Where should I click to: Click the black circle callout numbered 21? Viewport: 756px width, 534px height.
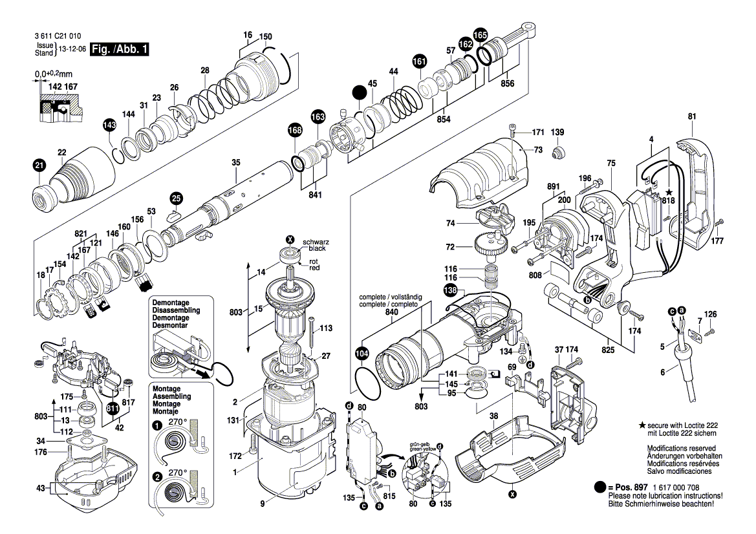(x=39, y=166)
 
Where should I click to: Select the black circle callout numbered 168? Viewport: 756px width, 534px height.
(x=295, y=131)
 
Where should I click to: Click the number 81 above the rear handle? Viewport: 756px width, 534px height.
(x=692, y=116)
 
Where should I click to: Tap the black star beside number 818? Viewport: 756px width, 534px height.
(x=669, y=193)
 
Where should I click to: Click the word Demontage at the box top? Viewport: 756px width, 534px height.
(x=170, y=303)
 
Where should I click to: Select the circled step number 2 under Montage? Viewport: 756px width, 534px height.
(x=157, y=476)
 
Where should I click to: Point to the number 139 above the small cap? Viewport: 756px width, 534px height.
(x=557, y=133)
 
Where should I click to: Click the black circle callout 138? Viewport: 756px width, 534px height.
(x=450, y=292)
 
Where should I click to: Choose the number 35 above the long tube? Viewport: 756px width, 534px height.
(x=236, y=162)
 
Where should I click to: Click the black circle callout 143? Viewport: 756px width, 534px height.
(x=109, y=124)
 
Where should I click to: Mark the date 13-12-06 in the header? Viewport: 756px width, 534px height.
(x=72, y=49)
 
